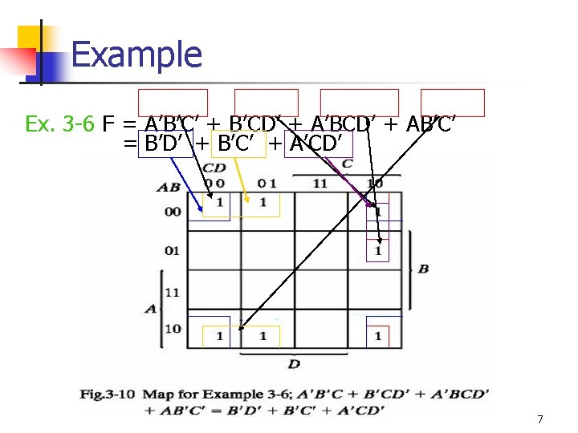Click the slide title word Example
[136, 55]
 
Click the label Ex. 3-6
[59, 124]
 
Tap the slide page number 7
[540, 419]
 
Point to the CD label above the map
[214, 168]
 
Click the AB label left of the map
[170, 188]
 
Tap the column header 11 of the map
[320, 183]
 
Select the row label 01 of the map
[173, 251]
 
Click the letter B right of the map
[422, 269]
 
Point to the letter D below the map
[295, 365]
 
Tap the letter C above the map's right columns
[347, 164]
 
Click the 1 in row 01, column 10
[377, 251]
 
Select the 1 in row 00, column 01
[263, 202]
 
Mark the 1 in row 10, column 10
[377, 336]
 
